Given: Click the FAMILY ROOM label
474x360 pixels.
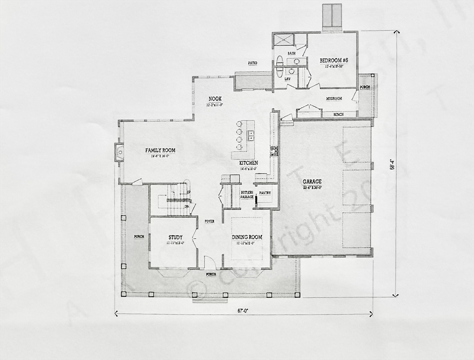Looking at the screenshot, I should pyautogui.click(x=160, y=150).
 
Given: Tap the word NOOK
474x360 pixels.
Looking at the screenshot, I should pyautogui.click(x=215, y=98).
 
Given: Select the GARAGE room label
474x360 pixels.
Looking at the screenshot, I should pyautogui.click(x=312, y=181).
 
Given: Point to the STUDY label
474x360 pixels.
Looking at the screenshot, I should pyautogui.click(x=175, y=237).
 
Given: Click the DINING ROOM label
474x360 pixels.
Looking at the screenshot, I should pyautogui.click(x=247, y=237).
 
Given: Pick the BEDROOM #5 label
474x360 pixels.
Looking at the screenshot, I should pyautogui.click(x=334, y=60).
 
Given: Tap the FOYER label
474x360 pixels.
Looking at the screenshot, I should pyautogui.click(x=209, y=221).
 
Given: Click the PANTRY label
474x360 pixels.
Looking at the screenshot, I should pyautogui.click(x=265, y=193).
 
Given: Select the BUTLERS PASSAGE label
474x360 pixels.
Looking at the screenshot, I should pyautogui.click(x=247, y=195).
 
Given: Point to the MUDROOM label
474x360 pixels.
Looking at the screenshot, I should pyautogui.click(x=334, y=99).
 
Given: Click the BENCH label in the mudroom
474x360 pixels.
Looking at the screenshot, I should pyautogui.click(x=338, y=114).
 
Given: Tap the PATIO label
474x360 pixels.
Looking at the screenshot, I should pyautogui.click(x=252, y=63).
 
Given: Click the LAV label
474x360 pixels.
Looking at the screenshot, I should pyautogui.click(x=288, y=86).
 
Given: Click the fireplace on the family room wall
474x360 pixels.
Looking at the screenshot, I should pyautogui.click(x=119, y=152).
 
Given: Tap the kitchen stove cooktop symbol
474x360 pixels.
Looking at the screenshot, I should pyautogui.click(x=274, y=150).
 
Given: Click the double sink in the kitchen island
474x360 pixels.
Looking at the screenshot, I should pyautogui.click(x=251, y=135).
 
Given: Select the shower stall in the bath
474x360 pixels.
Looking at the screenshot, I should pyautogui.click(x=283, y=39).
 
